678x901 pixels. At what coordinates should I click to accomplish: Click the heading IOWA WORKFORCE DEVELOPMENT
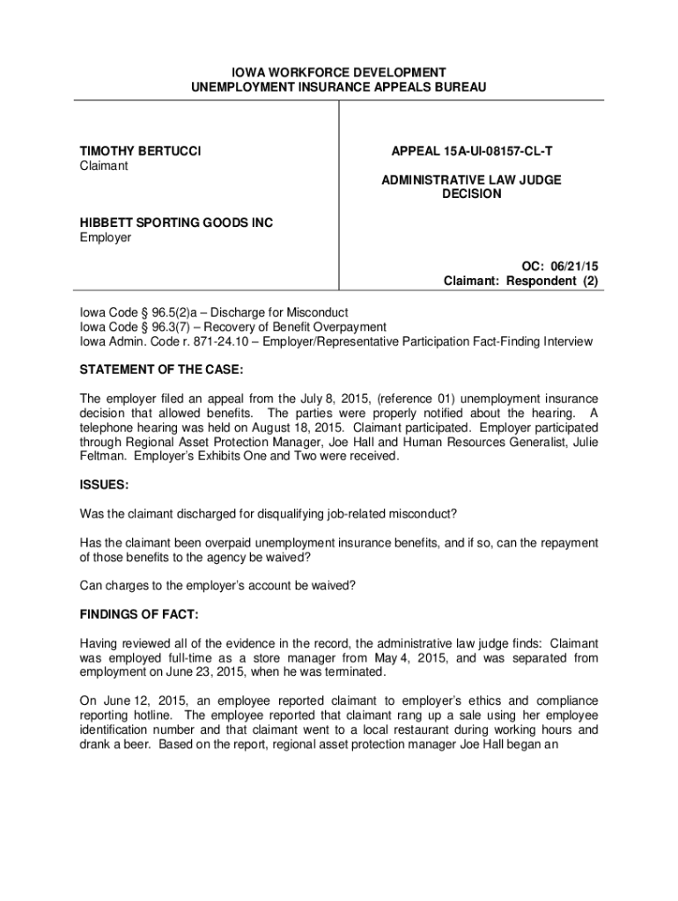[x=339, y=72]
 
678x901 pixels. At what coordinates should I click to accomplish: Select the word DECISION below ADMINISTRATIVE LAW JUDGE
[x=471, y=194]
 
